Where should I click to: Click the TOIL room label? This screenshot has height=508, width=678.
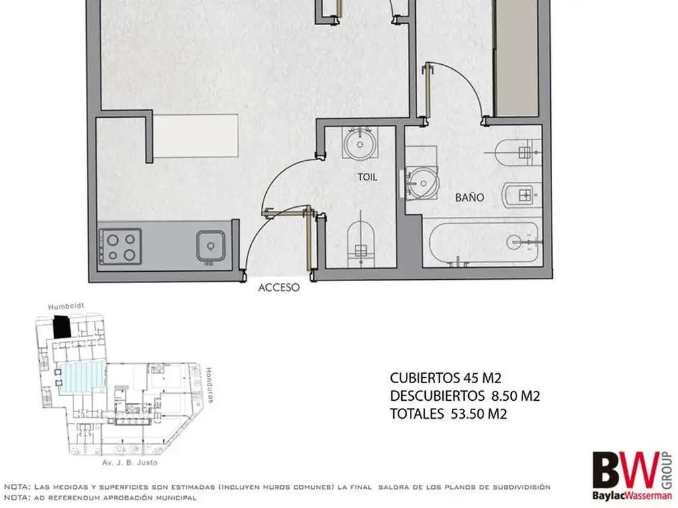[x=367, y=177]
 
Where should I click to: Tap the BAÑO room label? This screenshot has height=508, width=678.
[x=469, y=197]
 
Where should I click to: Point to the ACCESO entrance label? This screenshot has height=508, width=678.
[x=279, y=287]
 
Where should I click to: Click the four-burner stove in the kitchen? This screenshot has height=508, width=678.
[x=121, y=247]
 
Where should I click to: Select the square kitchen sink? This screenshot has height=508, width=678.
[x=211, y=246]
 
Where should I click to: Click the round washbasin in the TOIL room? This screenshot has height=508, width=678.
[x=360, y=144]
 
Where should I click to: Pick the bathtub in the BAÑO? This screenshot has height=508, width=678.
[x=484, y=242]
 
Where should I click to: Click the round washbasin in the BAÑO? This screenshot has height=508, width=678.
[x=423, y=183]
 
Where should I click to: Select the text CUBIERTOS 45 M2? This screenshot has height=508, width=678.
[x=446, y=378]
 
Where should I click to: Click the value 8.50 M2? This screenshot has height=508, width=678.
[x=516, y=396]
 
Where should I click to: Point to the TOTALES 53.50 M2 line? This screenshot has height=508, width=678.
[x=448, y=414]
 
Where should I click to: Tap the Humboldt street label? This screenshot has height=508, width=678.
[x=66, y=307]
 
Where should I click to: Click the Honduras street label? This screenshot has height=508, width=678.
[x=209, y=385]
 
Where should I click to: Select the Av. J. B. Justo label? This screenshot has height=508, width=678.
[x=130, y=462]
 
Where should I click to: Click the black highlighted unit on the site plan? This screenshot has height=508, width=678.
[x=62, y=327]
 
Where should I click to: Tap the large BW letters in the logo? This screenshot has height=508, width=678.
[x=626, y=470]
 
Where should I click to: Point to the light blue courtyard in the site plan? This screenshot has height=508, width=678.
[x=82, y=376]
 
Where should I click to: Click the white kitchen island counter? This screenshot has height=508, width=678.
[x=195, y=136]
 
